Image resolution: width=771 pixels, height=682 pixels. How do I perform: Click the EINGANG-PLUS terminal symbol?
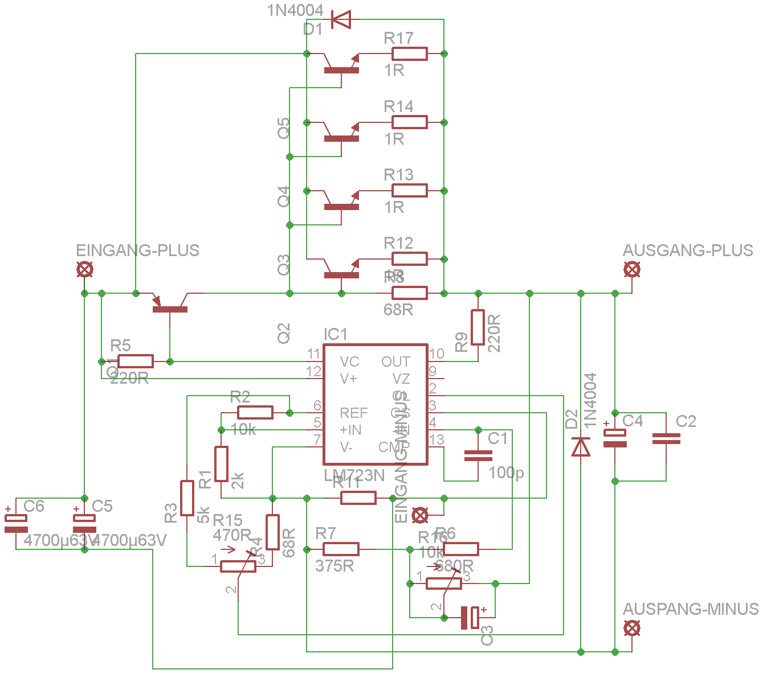(x=84, y=269)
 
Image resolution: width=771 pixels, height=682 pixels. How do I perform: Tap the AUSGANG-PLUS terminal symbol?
(x=631, y=269)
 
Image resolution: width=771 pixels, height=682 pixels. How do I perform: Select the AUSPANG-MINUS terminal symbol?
(x=631, y=628)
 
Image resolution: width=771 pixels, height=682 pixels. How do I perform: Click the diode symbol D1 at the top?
(x=341, y=20)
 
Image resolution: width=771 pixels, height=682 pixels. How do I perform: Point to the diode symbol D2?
(x=581, y=447)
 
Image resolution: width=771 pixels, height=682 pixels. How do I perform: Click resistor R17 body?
(x=409, y=54)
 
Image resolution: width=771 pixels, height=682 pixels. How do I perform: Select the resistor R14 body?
(x=409, y=122)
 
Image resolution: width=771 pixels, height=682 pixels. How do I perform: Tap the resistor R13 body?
(x=409, y=191)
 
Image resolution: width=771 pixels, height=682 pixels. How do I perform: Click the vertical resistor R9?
(x=478, y=327)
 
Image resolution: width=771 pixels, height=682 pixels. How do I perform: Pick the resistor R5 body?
(x=136, y=361)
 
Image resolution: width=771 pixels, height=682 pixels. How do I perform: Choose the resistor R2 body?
(x=255, y=413)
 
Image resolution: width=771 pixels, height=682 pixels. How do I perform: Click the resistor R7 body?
(x=341, y=549)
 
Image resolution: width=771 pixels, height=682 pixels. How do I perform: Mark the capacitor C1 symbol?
(x=478, y=455)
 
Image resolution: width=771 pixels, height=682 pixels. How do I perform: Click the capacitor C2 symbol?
(x=666, y=438)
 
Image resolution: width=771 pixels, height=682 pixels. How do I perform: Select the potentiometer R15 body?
(x=238, y=566)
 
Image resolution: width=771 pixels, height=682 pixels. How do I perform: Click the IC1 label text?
(x=335, y=334)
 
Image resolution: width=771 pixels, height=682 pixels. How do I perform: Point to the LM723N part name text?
(x=354, y=475)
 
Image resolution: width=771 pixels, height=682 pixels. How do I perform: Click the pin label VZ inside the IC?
(x=401, y=379)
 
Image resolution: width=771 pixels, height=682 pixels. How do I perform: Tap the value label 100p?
(x=506, y=473)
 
